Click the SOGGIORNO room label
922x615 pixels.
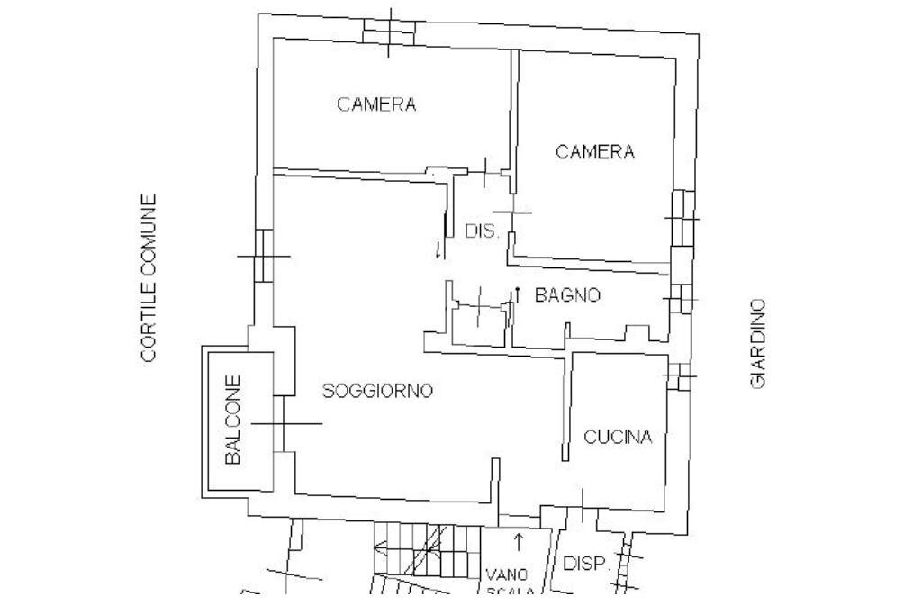point(378,391)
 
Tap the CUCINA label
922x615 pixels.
point(618,438)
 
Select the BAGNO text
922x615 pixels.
point(567,294)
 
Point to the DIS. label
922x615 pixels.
point(483,231)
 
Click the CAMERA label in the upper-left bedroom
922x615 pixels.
point(376,104)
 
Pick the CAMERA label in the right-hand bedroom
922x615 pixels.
point(594,152)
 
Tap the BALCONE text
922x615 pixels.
point(233,420)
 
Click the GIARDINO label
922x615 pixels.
point(758,343)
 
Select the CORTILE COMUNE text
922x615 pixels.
point(149,278)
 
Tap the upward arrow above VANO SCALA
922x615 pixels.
point(519,540)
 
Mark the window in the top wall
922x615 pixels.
point(388,31)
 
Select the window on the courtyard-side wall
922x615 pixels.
point(264,255)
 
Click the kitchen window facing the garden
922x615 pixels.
point(681,375)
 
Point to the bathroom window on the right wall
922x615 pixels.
point(681,297)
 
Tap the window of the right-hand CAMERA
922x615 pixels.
point(682,219)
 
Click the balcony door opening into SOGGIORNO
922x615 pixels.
point(284,423)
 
